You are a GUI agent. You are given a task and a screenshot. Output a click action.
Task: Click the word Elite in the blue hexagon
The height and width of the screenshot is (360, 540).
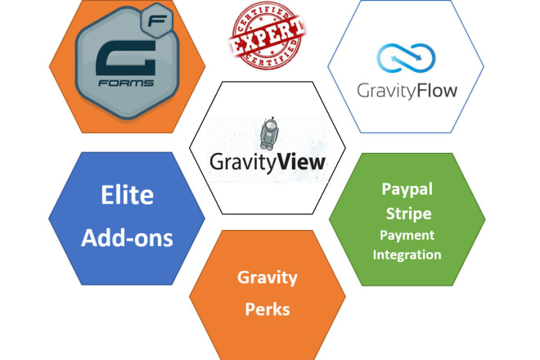[x=127, y=195]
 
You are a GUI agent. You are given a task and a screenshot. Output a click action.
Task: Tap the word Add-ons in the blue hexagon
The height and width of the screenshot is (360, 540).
[x=127, y=238]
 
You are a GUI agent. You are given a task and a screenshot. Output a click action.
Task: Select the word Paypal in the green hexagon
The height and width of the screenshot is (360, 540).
[x=407, y=190]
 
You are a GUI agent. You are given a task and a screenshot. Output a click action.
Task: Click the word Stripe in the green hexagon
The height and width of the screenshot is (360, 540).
[x=408, y=214]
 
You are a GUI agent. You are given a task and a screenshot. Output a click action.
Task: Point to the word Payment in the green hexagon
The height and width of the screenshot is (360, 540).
[x=407, y=236]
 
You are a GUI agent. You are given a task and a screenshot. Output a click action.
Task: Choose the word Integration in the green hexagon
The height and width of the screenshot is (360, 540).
[x=407, y=255]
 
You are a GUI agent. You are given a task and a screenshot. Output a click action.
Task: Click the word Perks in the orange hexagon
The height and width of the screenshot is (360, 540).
[x=268, y=309]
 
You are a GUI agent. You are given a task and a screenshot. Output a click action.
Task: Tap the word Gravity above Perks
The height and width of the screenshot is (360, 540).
[x=268, y=278]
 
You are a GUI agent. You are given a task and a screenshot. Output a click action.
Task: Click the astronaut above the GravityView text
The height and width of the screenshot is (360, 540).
[x=268, y=133]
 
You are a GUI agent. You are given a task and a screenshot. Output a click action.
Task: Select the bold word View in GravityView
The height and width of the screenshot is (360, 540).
[x=301, y=161]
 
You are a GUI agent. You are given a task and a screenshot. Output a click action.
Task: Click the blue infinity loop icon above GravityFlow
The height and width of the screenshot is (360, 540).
[x=406, y=58]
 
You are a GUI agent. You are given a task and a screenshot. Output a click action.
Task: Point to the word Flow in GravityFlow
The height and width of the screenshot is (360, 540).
[x=437, y=91]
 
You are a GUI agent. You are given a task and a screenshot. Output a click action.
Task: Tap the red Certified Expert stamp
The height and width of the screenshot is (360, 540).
[x=268, y=35]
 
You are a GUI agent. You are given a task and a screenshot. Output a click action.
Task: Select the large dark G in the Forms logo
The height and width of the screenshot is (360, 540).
[x=126, y=58]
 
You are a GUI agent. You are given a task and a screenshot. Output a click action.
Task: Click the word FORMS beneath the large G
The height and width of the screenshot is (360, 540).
[x=126, y=83]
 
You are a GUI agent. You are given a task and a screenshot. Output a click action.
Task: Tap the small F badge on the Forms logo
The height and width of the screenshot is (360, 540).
[x=157, y=21]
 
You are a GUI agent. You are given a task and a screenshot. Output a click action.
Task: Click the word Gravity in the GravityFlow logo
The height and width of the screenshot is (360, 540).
[x=387, y=92]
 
